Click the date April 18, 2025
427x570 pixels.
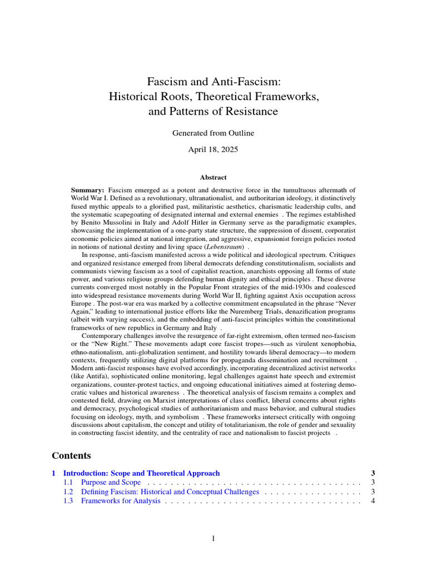213,149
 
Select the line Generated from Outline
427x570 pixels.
213,133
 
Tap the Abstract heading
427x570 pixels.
213,177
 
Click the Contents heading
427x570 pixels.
71,455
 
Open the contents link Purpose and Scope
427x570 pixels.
111,482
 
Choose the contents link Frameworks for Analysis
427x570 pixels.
121,501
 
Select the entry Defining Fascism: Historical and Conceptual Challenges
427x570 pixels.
170,492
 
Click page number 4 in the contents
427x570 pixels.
373,501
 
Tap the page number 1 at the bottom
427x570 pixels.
213,538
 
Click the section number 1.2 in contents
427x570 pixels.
68,492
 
